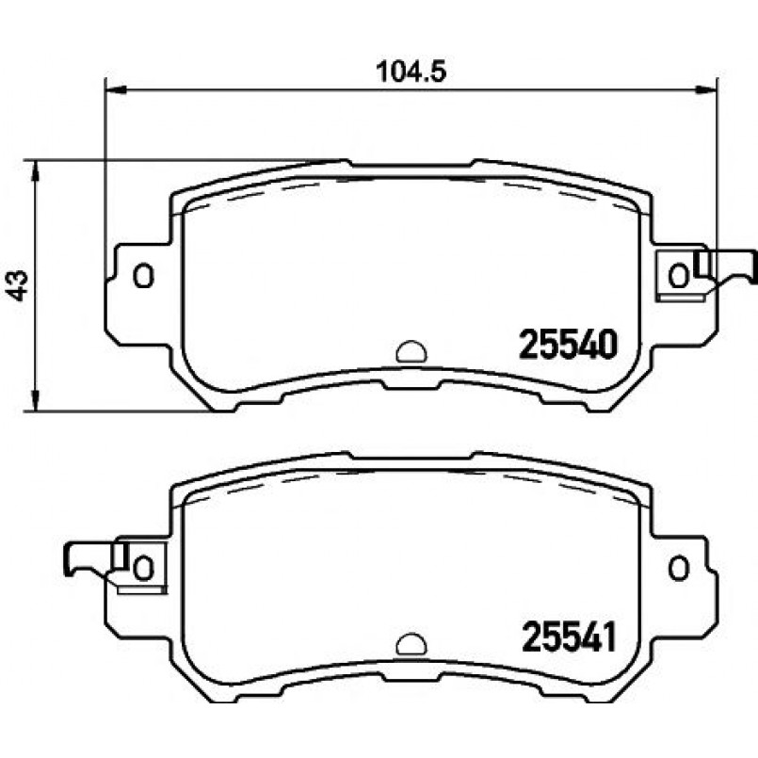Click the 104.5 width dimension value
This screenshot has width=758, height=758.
pos(411,72)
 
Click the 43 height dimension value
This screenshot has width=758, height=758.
pos(19,285)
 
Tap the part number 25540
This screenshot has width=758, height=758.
pos(568,345)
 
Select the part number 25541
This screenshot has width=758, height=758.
pos(569,637)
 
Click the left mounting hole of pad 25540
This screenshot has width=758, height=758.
pos(143,276)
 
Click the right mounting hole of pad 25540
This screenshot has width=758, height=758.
pos(678,276)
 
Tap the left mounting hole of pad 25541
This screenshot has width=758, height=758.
pos(143,568)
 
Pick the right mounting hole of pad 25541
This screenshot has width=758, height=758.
pos(678,568)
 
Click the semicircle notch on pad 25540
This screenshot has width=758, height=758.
pos(411,351)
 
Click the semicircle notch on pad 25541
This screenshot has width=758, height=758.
pos(411,644)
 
